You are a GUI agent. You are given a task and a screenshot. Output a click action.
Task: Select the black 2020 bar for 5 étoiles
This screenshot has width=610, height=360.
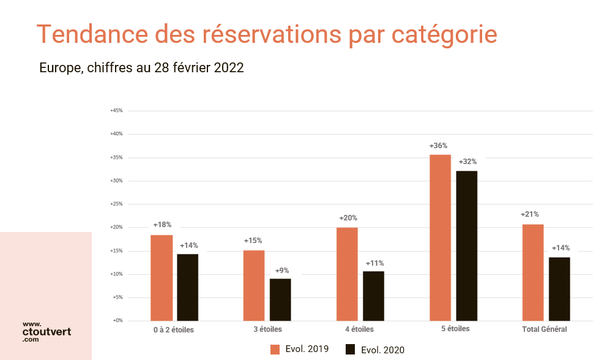(x=466, y=246)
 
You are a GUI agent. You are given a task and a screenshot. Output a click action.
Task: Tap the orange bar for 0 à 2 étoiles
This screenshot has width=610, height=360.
(x=162, y=277)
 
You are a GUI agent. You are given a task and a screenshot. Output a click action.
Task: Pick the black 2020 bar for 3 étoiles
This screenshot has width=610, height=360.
(x=280, y=299)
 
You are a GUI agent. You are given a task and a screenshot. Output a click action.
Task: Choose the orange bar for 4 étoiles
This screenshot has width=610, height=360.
(x=347, y=274)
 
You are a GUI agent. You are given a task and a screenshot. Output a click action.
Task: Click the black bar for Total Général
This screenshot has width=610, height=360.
(x=559, y=288)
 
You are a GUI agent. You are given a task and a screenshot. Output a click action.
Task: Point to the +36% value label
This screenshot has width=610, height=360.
(x=439, y=146)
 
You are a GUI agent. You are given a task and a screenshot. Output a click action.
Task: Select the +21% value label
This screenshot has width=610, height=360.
(x=530, y=215)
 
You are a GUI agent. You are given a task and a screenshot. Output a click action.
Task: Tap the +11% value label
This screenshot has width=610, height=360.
(x=374, y=263)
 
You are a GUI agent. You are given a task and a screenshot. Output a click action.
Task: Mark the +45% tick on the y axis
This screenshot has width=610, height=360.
(x=116, y=111)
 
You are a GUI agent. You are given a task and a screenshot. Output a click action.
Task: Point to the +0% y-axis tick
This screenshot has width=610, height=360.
(x=117, y=320)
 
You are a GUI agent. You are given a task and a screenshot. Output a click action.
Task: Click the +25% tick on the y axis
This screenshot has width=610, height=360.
(x=116, y=204)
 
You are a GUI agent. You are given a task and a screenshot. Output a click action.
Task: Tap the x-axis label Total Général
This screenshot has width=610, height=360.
(x=545, y=329)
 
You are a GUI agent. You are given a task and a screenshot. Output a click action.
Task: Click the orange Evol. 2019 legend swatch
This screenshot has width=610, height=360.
(x=275, y=350)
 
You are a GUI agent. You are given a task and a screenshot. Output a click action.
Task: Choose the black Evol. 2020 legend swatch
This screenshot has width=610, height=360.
(x=351, y=350)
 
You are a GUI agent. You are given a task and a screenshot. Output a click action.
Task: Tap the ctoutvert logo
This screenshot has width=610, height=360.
(x=46, y=331)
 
